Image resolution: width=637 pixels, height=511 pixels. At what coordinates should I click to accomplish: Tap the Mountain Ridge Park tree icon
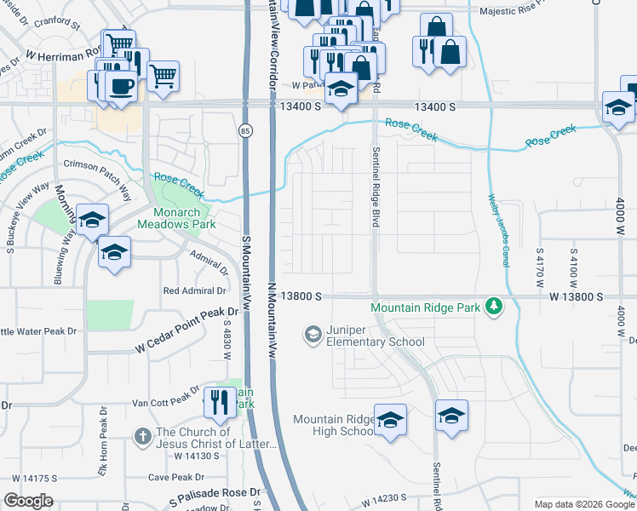pos(493,305)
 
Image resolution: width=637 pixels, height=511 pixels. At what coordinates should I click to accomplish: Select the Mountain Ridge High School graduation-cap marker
pos(390,420)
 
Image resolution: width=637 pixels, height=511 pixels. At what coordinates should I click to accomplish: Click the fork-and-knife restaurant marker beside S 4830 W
pos(220,403)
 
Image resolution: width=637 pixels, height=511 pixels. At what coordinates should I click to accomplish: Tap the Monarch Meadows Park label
pos(175,218)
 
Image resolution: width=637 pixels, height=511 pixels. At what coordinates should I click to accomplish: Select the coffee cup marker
pos(119,85)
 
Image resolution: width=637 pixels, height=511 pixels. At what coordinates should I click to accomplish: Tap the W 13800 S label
pos(576,296)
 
